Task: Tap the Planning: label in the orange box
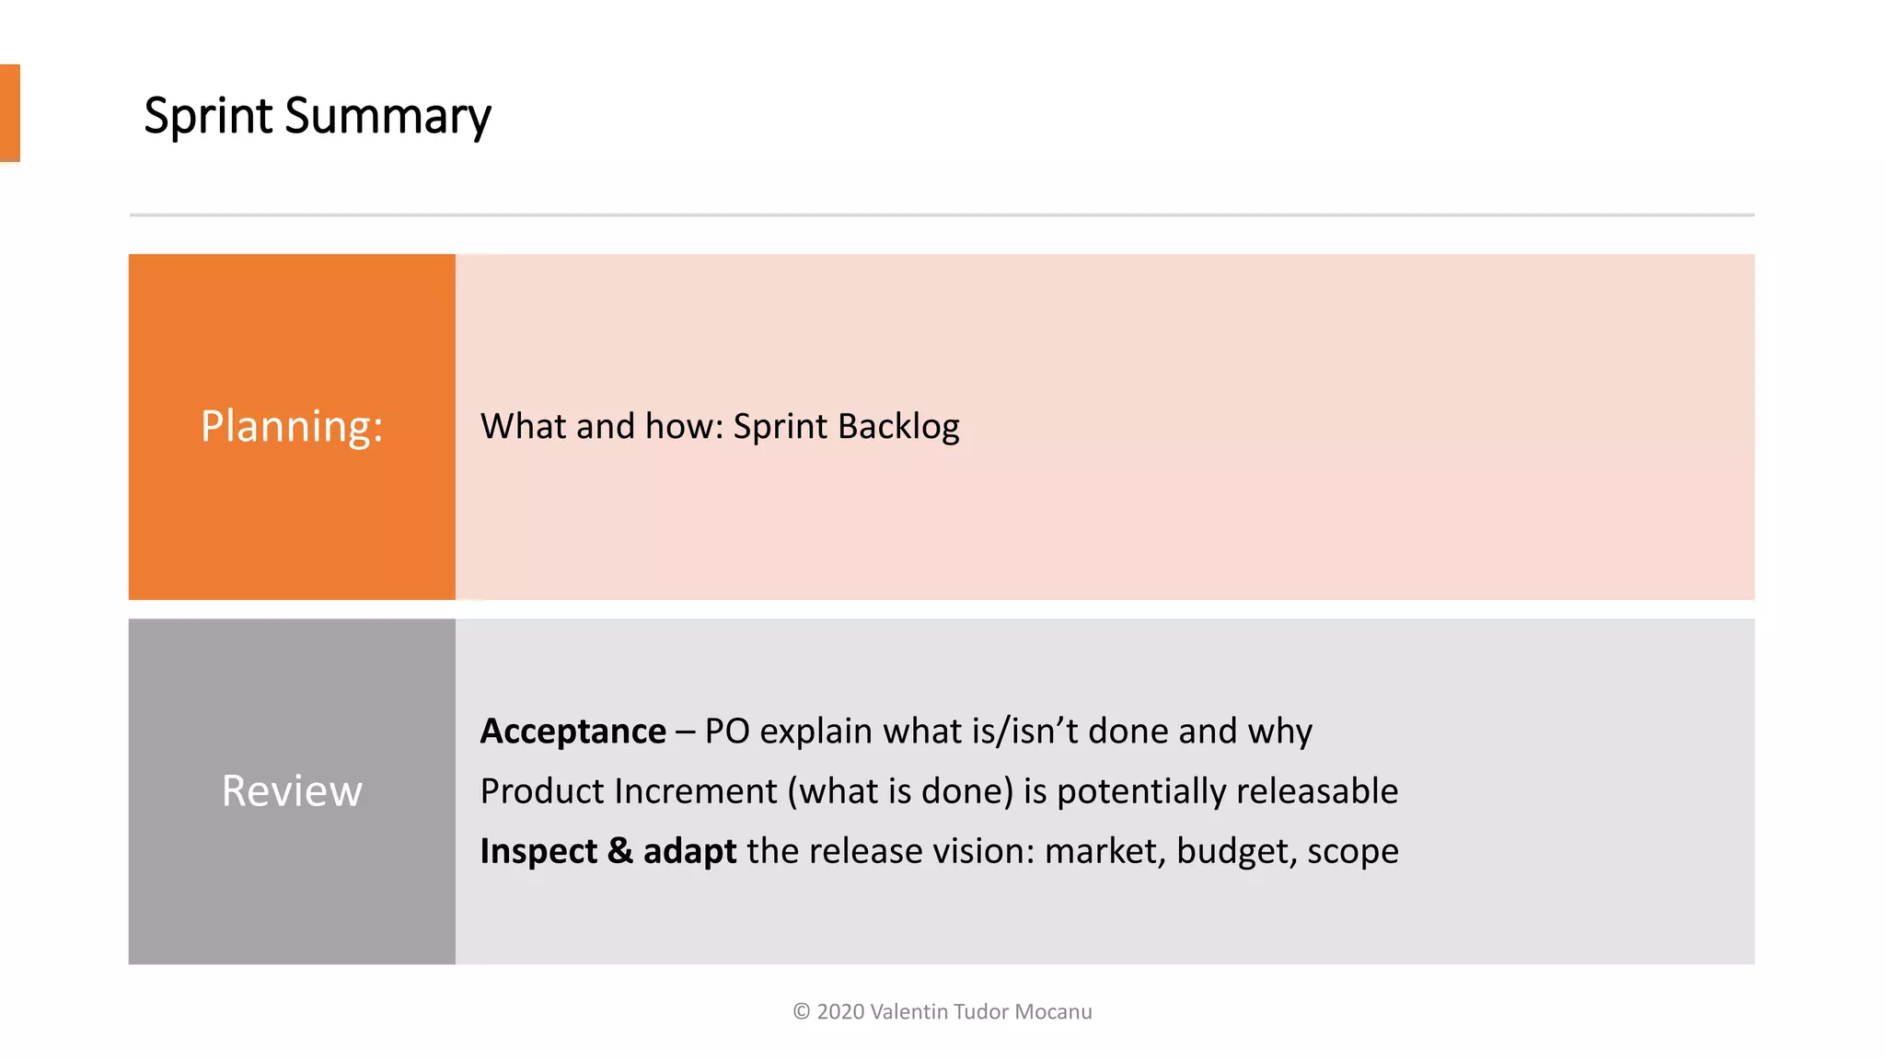(x=292, y=427)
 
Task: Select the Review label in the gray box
(x=292, y=791)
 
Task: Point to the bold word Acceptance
(x=572, y=732)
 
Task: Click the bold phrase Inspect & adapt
(x=607, y=851)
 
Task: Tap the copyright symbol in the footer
(x=801, y=1012)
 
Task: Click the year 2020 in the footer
(x=840, y=1012)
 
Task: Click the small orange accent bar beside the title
(x=9, y=113)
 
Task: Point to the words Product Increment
(x=629, y=791)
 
